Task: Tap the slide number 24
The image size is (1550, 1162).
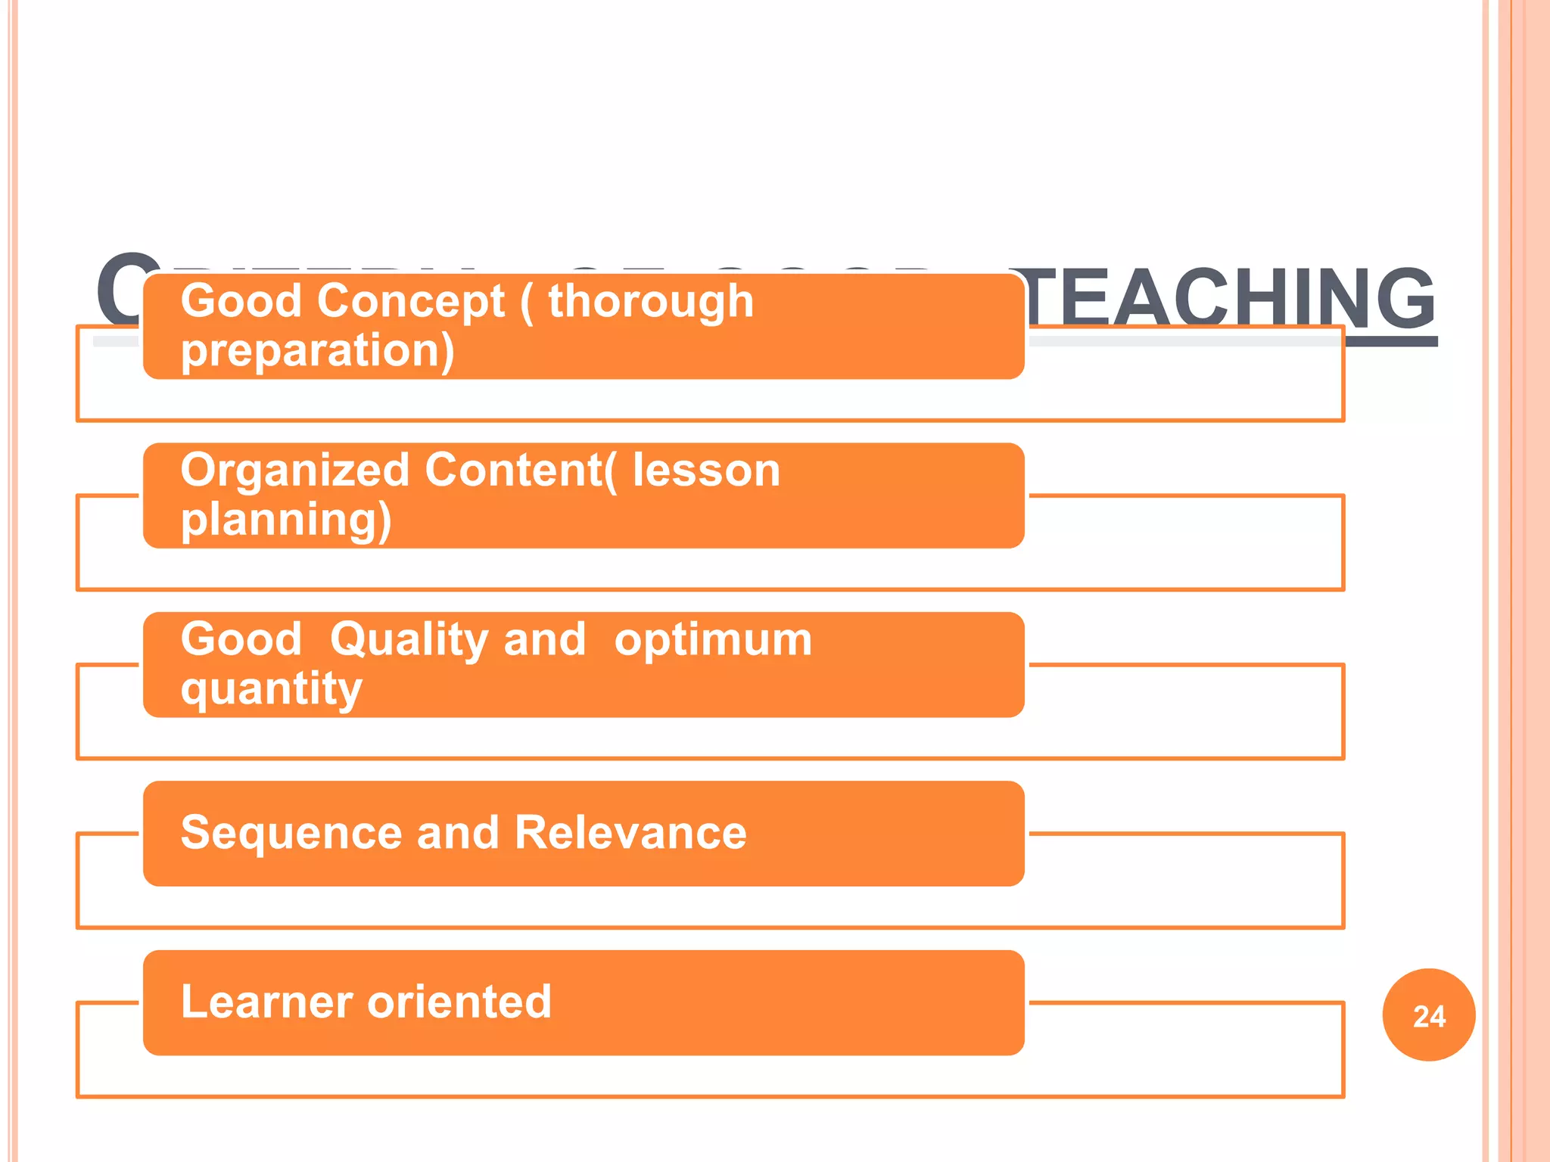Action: [x=1429, y=1016]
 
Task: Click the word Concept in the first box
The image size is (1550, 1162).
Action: [x=411, y=301]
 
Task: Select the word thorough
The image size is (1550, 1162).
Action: [x=651, y=301]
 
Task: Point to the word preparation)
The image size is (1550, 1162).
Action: [x=318, y=351]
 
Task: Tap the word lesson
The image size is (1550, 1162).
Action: [x=706, y=471]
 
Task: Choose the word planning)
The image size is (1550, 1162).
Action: [x=286, y=520]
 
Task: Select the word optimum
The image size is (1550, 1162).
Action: [x=713, y=639]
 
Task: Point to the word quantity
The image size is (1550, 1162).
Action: [x=272, y=689]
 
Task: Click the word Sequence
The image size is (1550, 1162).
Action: [x=291, y=833]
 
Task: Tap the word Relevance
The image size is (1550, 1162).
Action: [x=630, y=833]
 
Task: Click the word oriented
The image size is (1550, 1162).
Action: [x=459, y=1002]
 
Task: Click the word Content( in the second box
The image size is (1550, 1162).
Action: [x=521, y=471]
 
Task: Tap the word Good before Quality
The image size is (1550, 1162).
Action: [x=241, y=639]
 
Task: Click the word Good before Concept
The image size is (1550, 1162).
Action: [x=241, y=301]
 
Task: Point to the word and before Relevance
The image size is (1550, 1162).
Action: [x=458, y=833]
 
